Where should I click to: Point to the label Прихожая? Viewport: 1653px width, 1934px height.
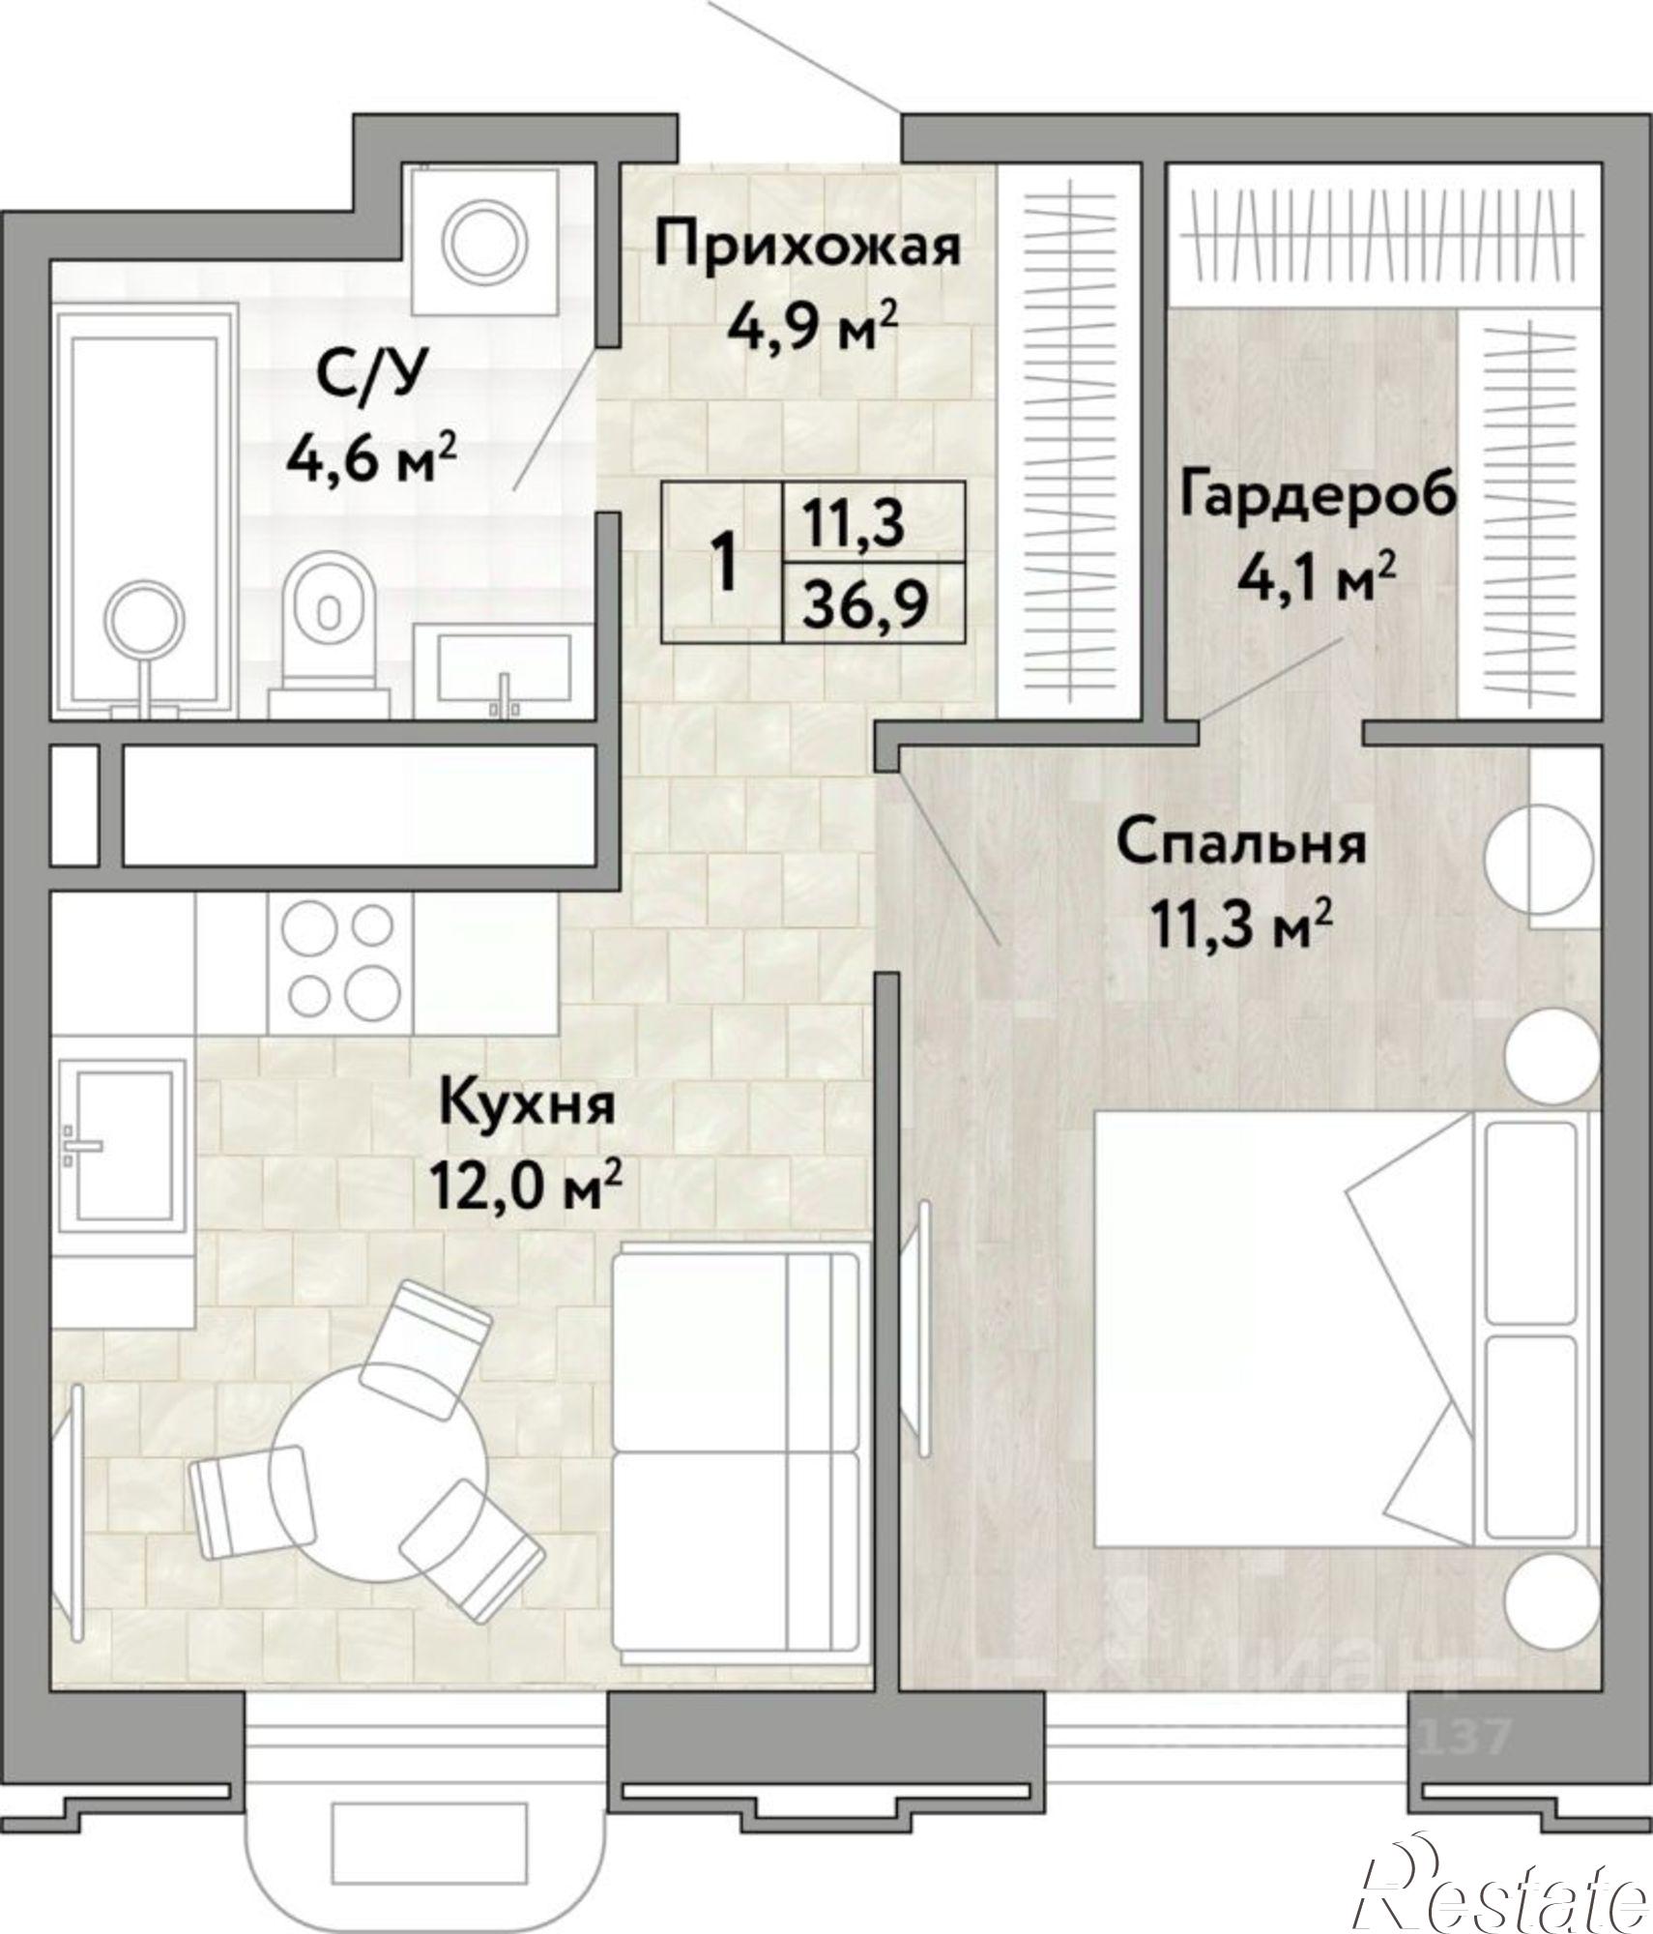tap(807, 246)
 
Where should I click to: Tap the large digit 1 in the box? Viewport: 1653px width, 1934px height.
tap(723, 564)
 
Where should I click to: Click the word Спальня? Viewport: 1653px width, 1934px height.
tap(1242, 843)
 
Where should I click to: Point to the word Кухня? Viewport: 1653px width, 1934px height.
tap(527, 1104)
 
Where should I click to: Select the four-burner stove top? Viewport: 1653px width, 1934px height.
tap(340, 958)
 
